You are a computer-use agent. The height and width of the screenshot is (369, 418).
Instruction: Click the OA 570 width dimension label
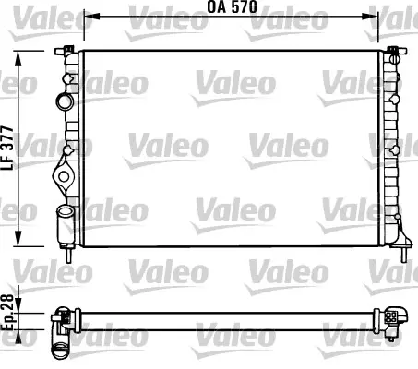(232, 7)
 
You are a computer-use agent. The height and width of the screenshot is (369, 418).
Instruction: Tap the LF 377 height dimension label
(7, 148)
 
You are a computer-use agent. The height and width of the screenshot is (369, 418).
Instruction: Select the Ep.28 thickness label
(7, 312)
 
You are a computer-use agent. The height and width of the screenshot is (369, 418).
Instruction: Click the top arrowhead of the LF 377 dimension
(18, 58)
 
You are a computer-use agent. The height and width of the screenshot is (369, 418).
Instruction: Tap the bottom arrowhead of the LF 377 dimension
(18, 238)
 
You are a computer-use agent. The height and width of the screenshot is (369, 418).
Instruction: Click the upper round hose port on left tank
(65, 101)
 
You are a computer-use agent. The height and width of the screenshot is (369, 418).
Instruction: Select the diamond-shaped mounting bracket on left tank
(64, 176)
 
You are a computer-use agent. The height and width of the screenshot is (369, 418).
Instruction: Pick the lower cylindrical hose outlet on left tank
(65, 224)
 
